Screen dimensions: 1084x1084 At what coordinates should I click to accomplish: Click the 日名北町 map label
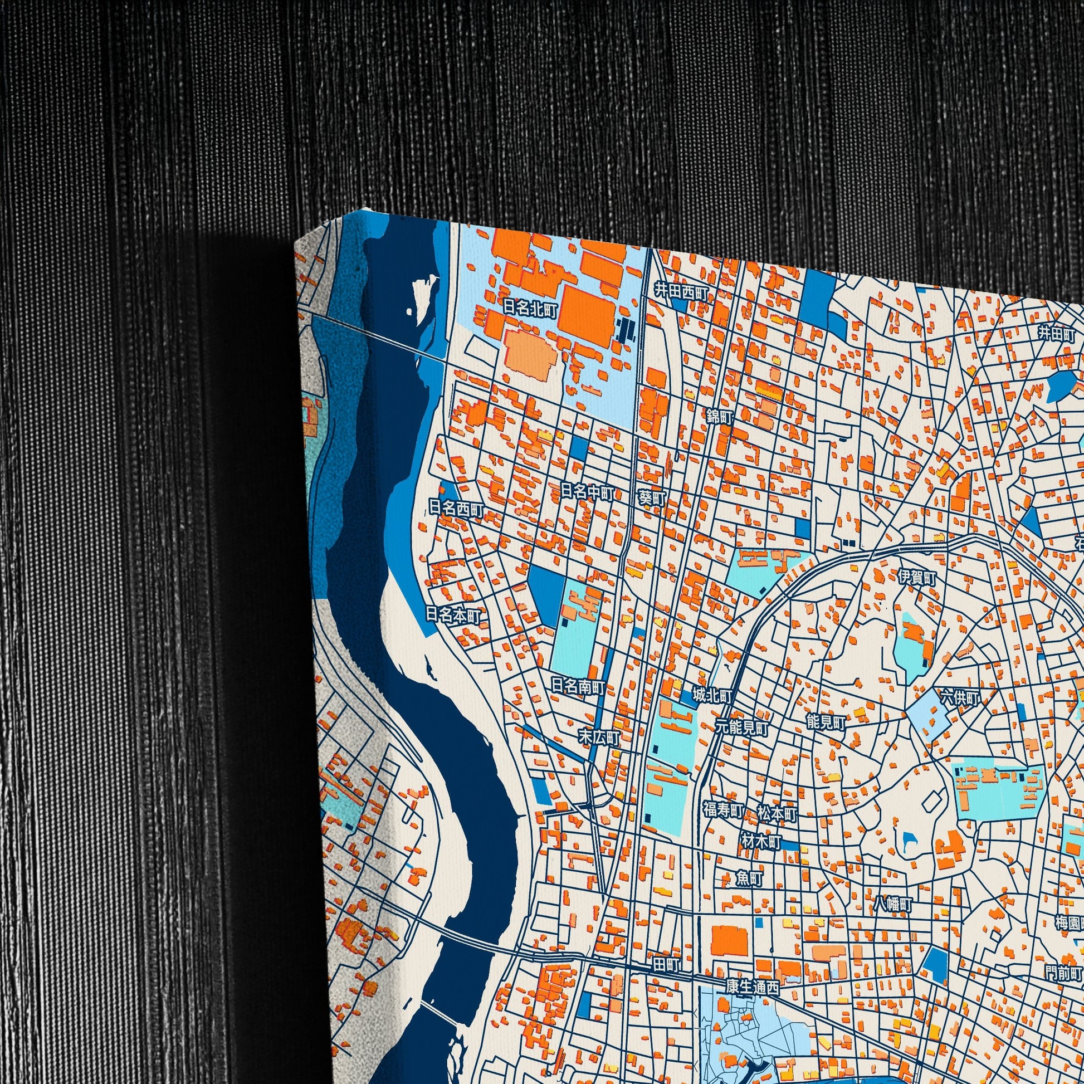coord(530,308)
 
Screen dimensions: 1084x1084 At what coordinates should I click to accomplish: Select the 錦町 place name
coord(720,416)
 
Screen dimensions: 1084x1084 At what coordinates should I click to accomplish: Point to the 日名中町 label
coord(588,492)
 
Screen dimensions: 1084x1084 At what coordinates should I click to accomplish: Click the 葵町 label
coord(652,497)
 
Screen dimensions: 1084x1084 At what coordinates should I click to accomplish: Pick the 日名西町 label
coord(456,509)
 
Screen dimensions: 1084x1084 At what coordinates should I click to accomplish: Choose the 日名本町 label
coord(453,616)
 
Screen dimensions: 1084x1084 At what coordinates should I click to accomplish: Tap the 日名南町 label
coord(578,686)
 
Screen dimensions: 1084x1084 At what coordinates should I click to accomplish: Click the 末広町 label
coord(599,738)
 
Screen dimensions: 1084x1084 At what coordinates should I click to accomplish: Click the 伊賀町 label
coord(917,577)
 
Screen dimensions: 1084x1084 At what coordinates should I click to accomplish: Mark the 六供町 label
coord(960,698)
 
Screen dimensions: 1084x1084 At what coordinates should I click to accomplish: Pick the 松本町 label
coord(777,813)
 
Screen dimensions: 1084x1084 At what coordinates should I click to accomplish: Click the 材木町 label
coord(761,842)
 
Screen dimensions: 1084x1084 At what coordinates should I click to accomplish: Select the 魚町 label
coord(750,878)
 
